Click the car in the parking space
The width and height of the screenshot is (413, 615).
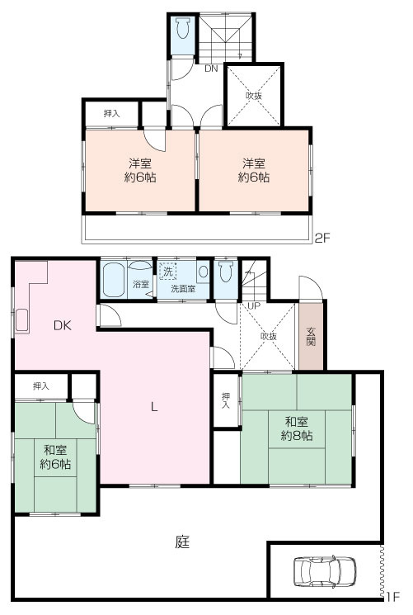[x=325, y=570]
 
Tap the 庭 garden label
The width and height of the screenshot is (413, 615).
[x=183, y=542]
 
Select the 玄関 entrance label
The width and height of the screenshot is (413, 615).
[x=310, y=336]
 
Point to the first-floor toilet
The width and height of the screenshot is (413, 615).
[x=226, y=272]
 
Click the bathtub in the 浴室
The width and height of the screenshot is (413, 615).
[x=115, y=279]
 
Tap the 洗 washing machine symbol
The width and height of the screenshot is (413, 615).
[x=167, y=271]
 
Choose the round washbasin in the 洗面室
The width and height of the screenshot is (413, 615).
[x=204, y=272]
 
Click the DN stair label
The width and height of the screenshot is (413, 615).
[x=211, y=69]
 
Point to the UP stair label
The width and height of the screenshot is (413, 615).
[x=254, y=305]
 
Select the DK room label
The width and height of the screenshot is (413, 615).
[x=63, y=325]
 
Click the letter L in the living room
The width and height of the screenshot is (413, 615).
[x=154, y=407]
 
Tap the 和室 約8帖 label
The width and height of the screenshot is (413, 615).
[x=297, y=428]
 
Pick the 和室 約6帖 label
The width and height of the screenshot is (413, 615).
[x=55, y=457]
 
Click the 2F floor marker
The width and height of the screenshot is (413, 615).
[x=323, y=238]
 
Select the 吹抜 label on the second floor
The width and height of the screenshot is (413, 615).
[x=254, y=95]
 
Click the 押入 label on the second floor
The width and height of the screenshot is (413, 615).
[x=111, y=114]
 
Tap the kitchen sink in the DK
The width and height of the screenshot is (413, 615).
[x=21, y=320]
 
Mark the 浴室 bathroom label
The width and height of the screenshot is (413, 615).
[x=141, y=284]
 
